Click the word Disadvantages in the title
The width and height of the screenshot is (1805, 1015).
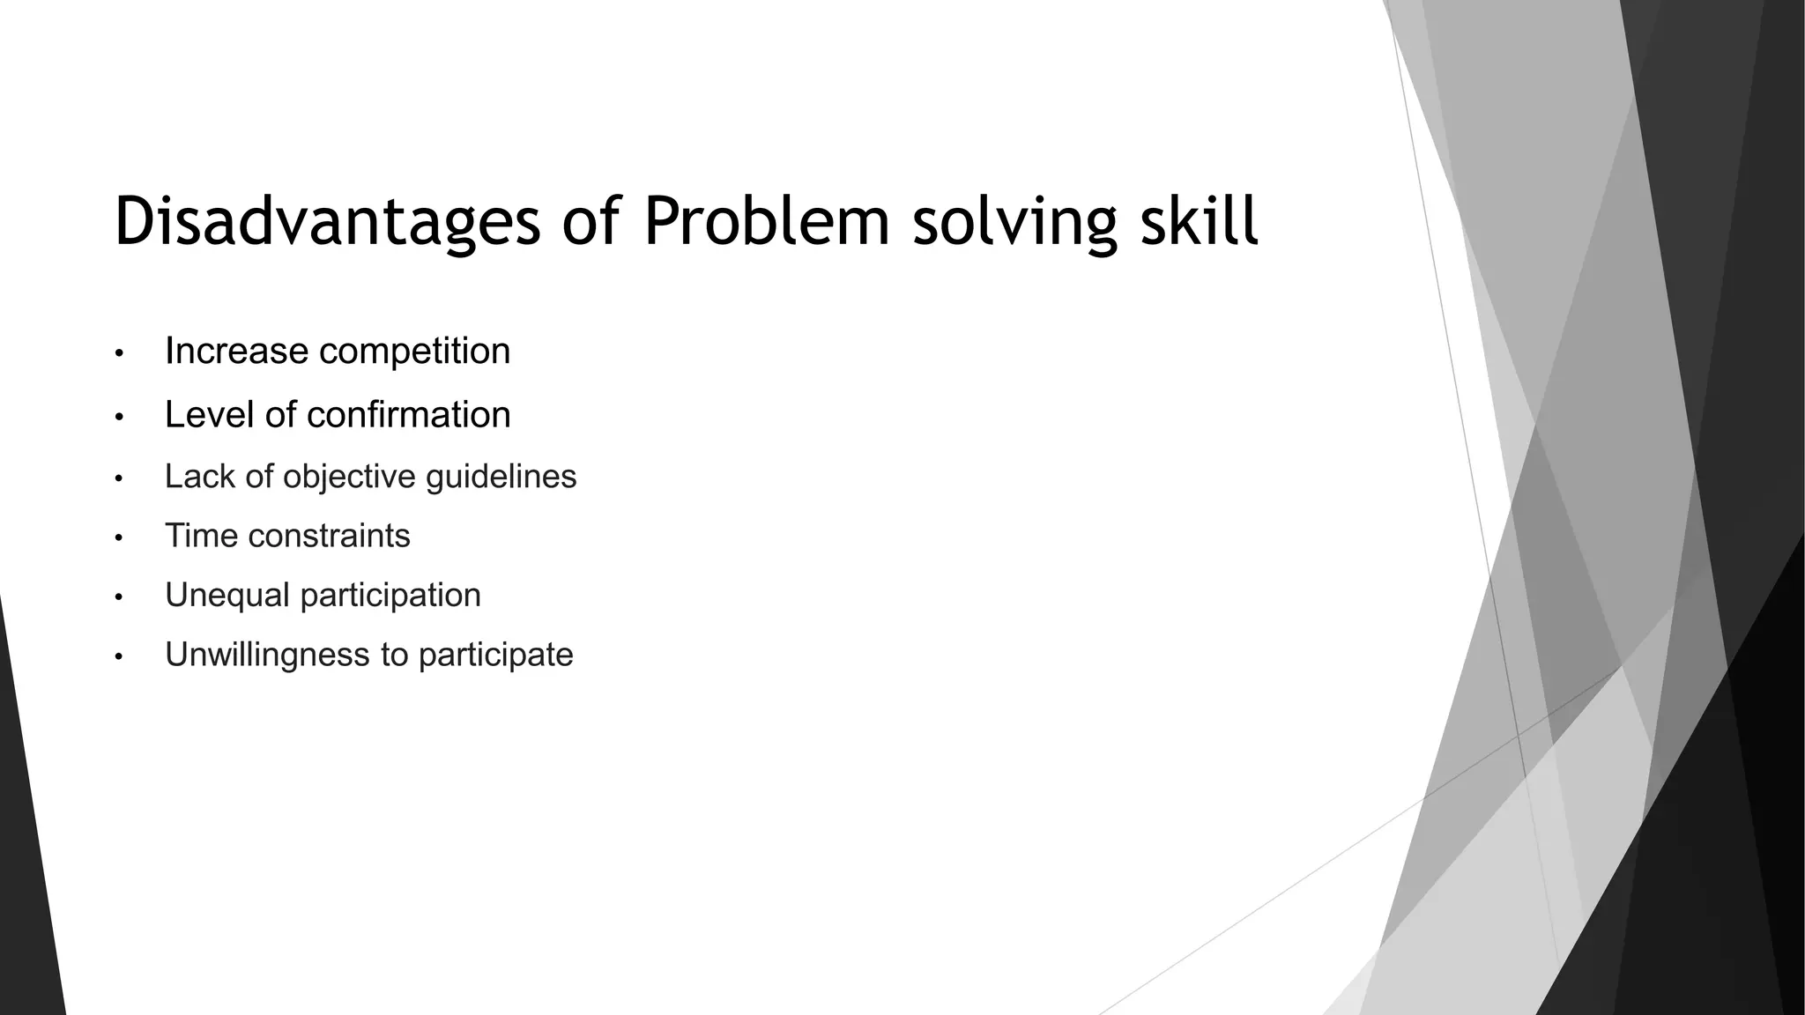(326, 222)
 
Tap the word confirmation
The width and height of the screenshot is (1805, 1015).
(408, 415)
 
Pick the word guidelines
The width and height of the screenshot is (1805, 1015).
(501, 478)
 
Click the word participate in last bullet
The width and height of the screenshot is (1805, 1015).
(495, 656)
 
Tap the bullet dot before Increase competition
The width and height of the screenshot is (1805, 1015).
(119, 354)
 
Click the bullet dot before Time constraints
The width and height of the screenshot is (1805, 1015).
(119, 538)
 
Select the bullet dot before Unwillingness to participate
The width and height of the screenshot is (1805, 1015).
(119, 657)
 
